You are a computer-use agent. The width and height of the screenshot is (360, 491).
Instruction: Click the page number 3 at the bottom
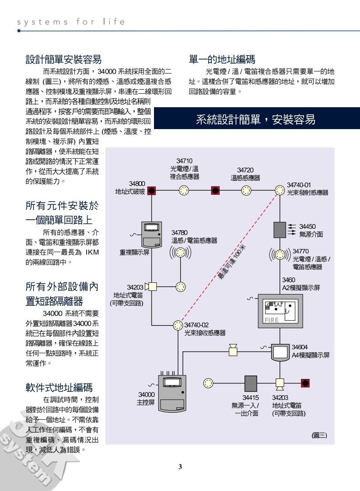tap(180, 467)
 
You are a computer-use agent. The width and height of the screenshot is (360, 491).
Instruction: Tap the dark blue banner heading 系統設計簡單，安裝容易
tap(255, 119)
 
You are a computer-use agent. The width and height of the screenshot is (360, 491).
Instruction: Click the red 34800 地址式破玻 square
tap(151, 190)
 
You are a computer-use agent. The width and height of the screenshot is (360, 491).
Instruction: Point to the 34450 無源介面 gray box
tap(279, 229)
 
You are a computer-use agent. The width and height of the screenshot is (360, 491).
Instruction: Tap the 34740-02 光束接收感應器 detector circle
tap(178, 325)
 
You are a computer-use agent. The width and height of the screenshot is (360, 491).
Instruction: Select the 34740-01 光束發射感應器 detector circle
tap(279, 190)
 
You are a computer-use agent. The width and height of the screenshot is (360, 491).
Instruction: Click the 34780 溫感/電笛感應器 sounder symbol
tap(181, 253)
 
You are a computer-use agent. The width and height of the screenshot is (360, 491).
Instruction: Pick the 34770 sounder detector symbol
tap(280, 254)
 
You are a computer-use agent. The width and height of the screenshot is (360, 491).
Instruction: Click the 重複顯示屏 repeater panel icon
tap(151, 235)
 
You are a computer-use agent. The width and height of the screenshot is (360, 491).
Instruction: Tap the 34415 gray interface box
tap(251, 383)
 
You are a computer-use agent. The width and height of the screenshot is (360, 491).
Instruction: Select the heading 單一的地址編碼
tap(222, 59)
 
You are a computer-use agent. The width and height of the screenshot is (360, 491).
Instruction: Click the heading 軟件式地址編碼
tap(59, 387)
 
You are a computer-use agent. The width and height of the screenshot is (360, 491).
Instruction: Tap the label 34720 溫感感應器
tap(245, 174)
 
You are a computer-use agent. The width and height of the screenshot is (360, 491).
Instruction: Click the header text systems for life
tap(71, 22)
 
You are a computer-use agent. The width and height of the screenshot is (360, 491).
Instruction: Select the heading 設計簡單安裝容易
tap(63, 59)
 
